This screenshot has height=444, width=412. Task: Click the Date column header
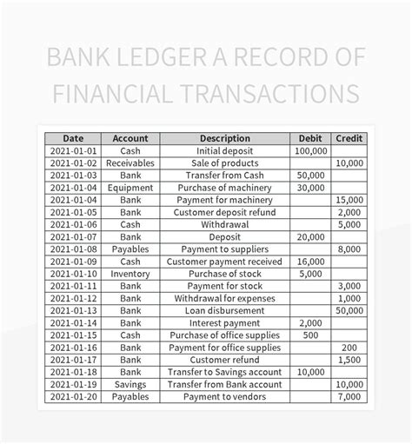tap(73, 138)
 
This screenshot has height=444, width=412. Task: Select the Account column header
tap(130, 138)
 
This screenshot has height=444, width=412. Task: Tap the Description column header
tap(224, 138)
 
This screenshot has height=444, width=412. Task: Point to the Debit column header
tap(310, 138)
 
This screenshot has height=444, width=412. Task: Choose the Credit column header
tap(349, 138)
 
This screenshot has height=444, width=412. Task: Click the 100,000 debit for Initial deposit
tap(310, 150)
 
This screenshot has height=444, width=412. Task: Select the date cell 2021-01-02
tap(73, 162)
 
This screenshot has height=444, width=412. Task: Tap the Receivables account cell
tap(130, 162)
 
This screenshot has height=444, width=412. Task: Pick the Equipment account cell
tap(130, 187)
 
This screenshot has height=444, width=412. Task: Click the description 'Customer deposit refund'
tap(224, 212)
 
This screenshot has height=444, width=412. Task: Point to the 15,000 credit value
tap(349, 200)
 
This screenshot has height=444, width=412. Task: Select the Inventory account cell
tap(130, 273)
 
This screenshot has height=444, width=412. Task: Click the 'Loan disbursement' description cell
tap(224, 310)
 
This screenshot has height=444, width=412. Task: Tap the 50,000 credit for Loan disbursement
tap(349, 310)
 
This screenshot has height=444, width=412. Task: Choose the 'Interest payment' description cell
tap(224, 322)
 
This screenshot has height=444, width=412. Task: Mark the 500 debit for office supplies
tap(310, 335)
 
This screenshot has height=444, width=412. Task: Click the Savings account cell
tap(130, 384)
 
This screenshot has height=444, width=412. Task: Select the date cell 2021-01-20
tap(73, 396)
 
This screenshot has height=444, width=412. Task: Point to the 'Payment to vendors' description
tap(224, 396)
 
